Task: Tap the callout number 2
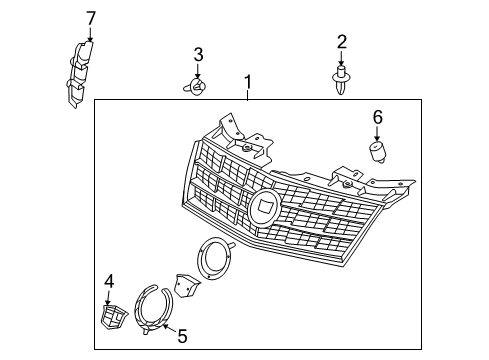tap(341, 41)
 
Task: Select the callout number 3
tap(198, 54)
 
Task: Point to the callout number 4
tap(109, 281)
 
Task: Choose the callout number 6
tap(377, 117)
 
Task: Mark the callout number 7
tap(90, 17)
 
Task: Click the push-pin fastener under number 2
tap(341, 78)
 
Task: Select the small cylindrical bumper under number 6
tap(378, 152)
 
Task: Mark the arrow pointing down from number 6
tap(377, 134)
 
